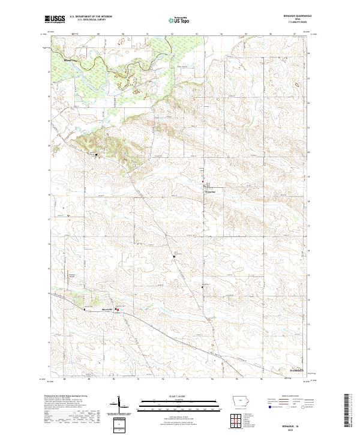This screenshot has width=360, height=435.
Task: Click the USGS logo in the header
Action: click(55, 20)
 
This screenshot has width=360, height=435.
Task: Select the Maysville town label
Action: click(106, 310)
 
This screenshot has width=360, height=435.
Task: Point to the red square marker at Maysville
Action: click(118, 310)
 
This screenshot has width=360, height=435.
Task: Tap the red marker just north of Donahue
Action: click(203, 182)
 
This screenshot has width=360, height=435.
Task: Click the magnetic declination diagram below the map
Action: click(119, 404)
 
